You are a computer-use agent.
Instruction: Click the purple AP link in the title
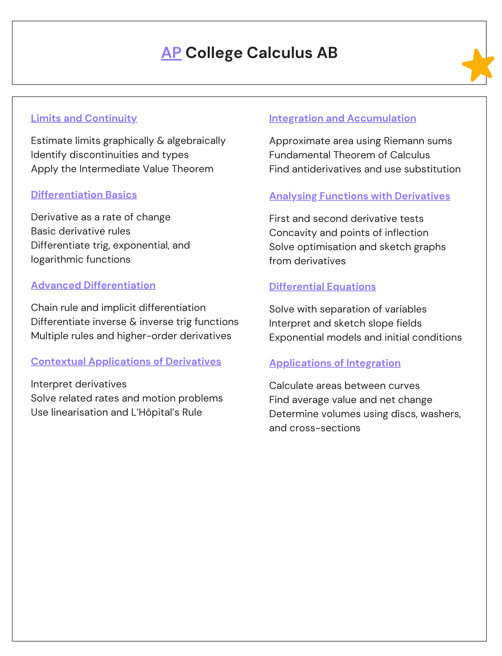[171, 53]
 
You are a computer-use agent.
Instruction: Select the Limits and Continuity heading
[84, 118]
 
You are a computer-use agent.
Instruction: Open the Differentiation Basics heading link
[84, 195]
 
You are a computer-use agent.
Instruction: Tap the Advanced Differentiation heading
[93, 285]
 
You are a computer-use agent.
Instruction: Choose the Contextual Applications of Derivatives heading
[126, 361]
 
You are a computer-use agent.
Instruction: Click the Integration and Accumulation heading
[342, 118]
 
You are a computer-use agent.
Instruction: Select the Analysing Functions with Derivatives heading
[360, 196]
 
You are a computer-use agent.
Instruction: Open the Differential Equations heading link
[322, 287]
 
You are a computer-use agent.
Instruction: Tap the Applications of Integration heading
[335, 363]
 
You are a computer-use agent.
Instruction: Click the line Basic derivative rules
[81, 231]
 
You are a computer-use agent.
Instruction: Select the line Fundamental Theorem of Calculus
[349, 155]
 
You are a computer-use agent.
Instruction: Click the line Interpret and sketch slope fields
[345, 324]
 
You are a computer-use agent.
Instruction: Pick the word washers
[440, 414]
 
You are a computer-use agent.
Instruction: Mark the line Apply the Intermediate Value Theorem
[122, 169]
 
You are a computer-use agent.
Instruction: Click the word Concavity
[293, 233]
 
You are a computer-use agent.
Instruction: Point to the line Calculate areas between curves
[344, 386]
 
